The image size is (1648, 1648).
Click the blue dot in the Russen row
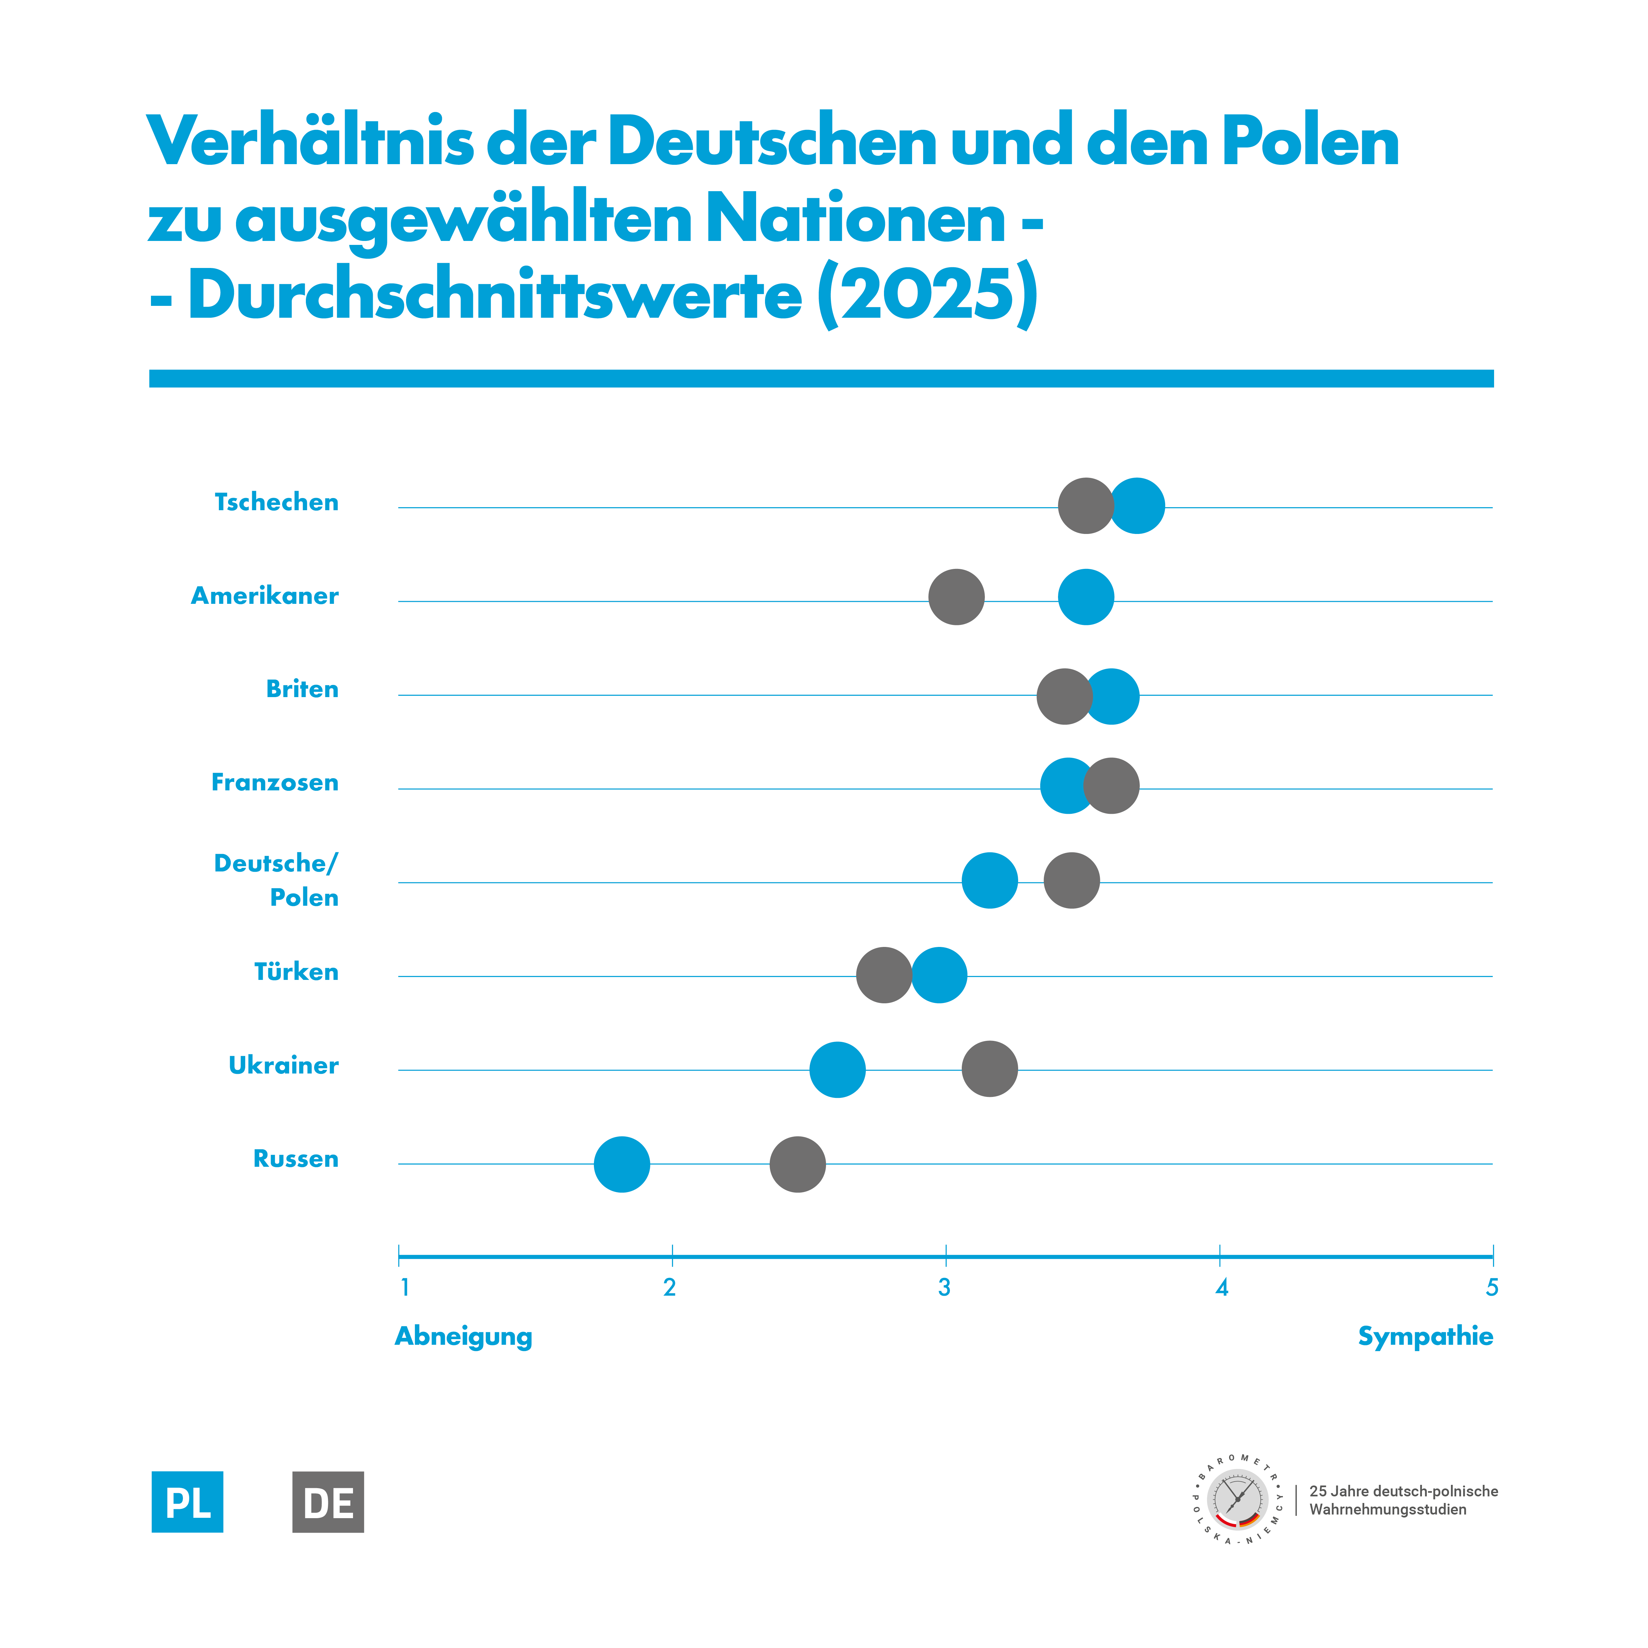[622, 1164]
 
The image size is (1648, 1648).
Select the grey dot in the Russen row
[798, 1164]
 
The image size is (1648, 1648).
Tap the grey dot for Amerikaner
[956, 597]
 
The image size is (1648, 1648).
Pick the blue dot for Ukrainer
[838, 1070]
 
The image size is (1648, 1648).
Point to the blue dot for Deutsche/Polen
[989, 880]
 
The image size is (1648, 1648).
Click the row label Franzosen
[275, 782]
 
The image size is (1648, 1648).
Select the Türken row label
[296, 972]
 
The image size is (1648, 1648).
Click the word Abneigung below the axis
[463, 1337]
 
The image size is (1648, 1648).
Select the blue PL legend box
[188, 1502]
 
